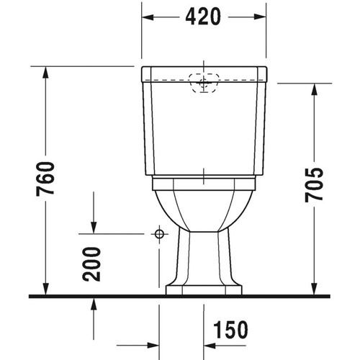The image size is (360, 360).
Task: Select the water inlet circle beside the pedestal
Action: point(158,234)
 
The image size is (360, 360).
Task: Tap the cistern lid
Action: point(204,73)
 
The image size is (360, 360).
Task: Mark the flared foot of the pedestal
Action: point(204,289)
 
